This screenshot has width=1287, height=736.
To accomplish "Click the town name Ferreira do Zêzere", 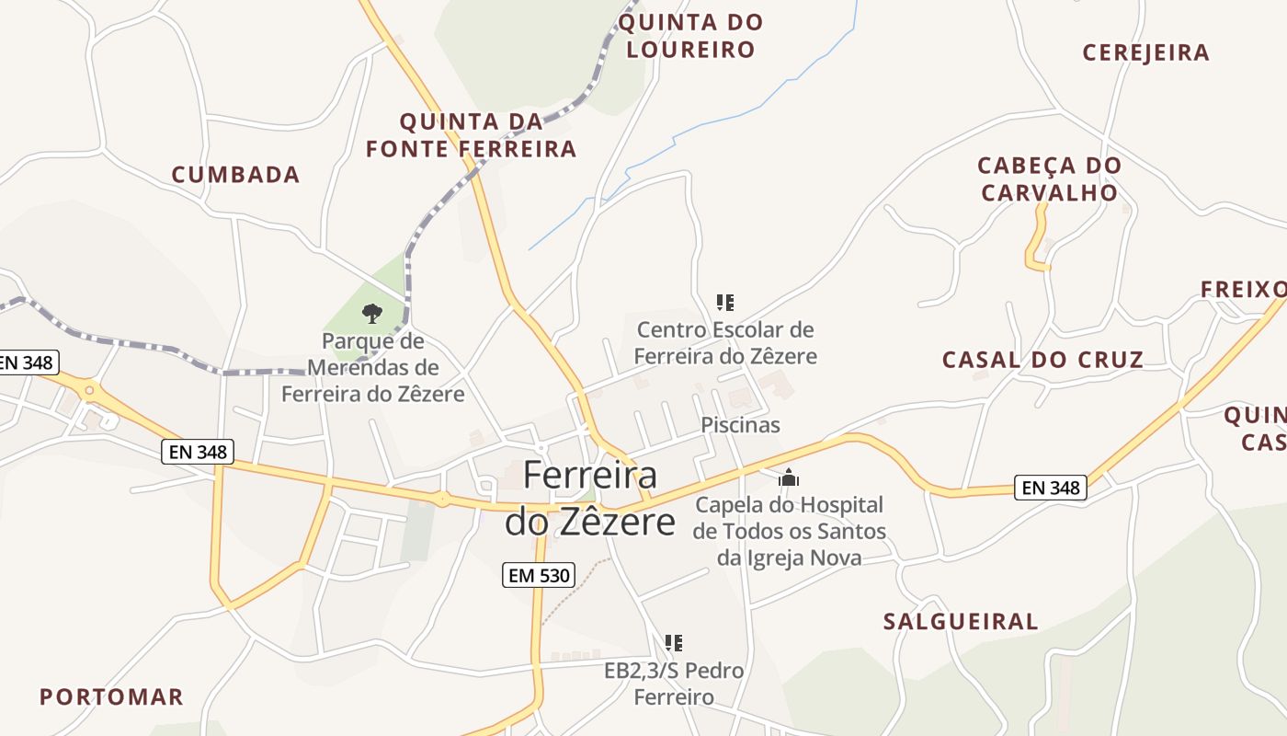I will point(590,499).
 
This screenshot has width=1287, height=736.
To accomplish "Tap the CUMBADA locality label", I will point(236,175).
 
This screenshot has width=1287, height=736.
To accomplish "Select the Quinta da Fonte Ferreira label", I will point(471,135).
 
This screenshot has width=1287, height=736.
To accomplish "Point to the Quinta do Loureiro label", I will point(690,36).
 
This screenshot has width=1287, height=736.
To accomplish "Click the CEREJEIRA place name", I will point(1145,52).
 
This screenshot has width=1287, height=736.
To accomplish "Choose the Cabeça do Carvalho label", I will point(1049,179).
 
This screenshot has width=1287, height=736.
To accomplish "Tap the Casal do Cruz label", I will point(1042,360).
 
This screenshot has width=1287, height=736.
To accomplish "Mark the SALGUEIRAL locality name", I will point(961,622).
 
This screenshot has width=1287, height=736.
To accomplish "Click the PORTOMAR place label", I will point(111,696).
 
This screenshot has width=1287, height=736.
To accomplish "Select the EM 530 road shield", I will point(540,576).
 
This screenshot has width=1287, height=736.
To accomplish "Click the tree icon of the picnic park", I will point(371,314).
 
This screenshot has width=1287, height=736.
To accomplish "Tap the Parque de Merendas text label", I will point(372,368).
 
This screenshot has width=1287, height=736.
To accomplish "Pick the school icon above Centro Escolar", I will point(725,302).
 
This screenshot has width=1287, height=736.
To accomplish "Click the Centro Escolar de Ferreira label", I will point(725,342).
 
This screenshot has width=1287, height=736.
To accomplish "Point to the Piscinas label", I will point(740,425).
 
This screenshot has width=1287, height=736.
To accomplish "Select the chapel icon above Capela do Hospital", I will point(789,477).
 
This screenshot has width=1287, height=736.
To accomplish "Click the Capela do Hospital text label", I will point(790,531).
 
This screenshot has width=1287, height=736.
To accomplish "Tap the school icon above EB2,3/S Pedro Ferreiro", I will point(674,642).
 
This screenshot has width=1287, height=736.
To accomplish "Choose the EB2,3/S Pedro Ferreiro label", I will point(674,684).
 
